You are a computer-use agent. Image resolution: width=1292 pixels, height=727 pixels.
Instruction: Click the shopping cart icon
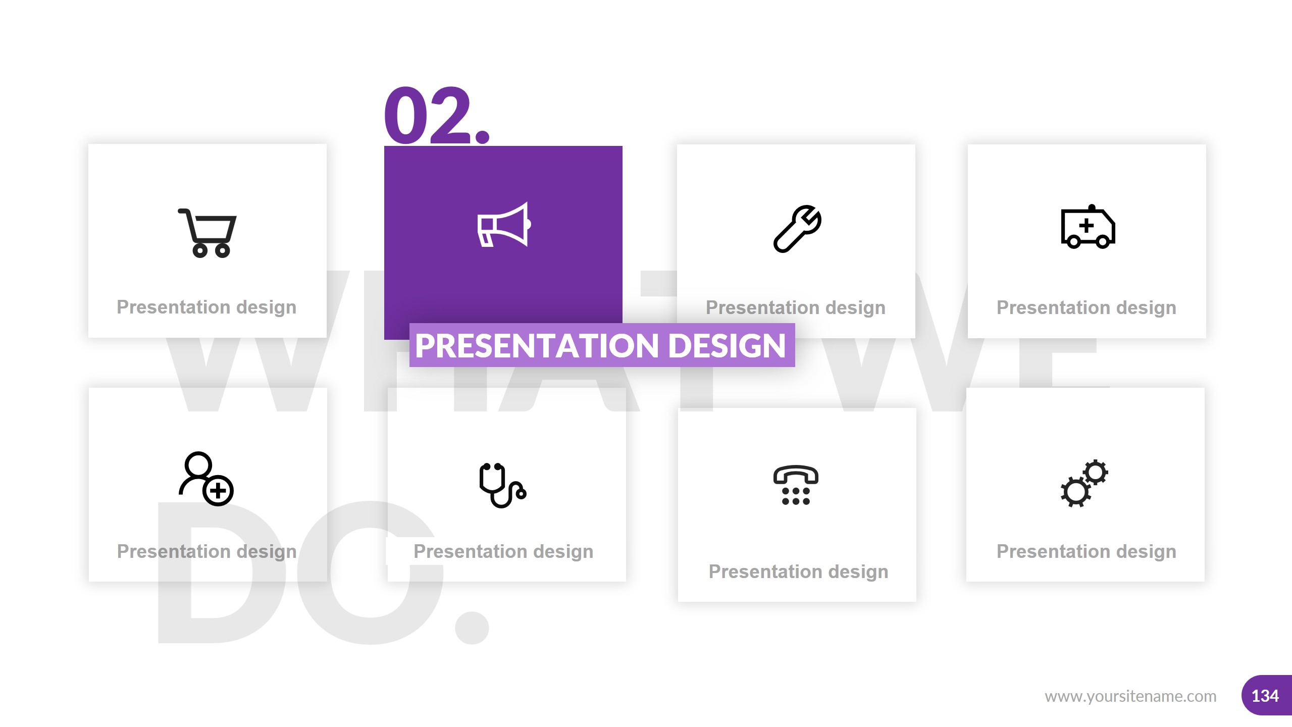coord(208,233)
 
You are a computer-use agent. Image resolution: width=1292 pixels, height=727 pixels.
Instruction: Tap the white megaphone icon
coord(503,225)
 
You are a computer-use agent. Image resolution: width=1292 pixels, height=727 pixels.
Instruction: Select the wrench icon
coord(797,229)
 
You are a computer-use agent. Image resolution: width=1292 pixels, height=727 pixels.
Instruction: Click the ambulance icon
coord(1088,227)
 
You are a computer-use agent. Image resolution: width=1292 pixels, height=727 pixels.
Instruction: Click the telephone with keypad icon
coord(796,485)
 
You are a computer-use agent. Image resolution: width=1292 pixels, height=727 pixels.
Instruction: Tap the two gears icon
coord(1084,483)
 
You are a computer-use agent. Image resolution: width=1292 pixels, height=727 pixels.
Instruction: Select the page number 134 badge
coord(1266,696)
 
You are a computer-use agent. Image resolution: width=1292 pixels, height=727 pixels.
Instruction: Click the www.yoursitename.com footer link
coord(1130,696)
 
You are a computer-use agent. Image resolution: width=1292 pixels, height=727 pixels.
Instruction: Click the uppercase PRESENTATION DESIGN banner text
coord(601,346)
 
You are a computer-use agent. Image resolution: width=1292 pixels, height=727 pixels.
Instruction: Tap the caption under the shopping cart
coord(206,307)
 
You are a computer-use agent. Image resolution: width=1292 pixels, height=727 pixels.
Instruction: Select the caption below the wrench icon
coord(796,307)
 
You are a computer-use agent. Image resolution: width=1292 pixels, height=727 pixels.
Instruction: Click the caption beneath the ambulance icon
coord(1087,307)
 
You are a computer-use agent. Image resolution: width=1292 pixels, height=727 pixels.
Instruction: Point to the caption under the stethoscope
coord(503,551)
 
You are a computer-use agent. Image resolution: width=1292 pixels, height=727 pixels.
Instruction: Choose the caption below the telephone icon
coord(798,572)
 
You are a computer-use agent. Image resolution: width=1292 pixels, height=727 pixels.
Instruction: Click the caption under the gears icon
coord(1087,551)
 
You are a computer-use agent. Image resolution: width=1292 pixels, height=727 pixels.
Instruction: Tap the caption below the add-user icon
coord(206,551)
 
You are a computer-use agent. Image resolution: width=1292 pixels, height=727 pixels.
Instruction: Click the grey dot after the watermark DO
coord(472,628)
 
